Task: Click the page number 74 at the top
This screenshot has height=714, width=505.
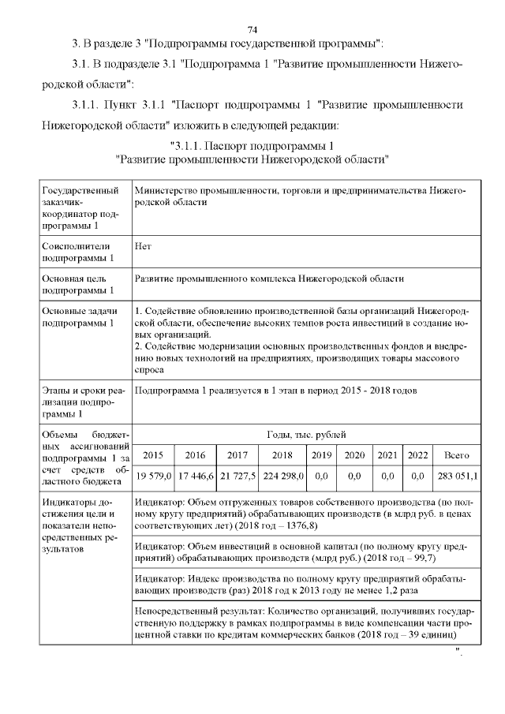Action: click(252, 29)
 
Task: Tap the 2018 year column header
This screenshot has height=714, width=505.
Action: click(282, 455)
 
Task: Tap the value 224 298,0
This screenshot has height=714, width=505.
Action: click(282, 477)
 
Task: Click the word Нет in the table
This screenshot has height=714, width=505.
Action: click(143, 246)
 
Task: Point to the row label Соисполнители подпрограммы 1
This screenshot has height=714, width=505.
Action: click(78, 252)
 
